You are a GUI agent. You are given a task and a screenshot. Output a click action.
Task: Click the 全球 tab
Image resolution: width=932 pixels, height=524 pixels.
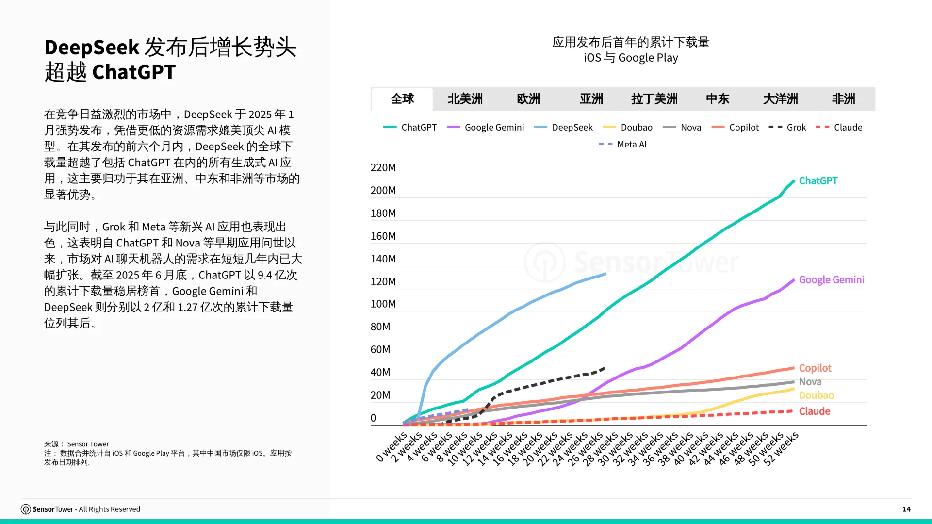pos(402,99)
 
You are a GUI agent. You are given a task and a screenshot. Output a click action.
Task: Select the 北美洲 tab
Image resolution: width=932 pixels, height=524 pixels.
pos(465,99)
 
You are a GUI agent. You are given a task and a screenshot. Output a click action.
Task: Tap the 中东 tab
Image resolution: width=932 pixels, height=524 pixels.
pos(717,99)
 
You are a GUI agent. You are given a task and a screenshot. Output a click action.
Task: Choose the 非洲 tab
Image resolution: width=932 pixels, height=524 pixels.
pos(843,99)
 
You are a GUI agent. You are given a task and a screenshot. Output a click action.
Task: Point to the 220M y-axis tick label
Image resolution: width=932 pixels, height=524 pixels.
pos(383,167)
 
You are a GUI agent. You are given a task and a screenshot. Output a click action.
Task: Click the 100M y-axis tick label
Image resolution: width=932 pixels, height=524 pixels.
pos(383,304)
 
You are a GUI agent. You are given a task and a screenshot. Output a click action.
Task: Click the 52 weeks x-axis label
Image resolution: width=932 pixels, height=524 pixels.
pos(781,449)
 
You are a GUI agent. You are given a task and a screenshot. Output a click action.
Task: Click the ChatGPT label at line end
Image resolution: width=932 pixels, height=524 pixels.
pos(818,180)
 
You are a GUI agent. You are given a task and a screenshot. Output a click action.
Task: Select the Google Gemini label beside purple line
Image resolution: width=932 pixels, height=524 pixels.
pos(831,279)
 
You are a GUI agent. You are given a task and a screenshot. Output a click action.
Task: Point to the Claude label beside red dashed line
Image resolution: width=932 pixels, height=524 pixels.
pos(814,411)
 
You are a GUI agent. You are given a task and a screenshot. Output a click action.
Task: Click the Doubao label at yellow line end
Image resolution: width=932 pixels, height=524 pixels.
pos(816,395)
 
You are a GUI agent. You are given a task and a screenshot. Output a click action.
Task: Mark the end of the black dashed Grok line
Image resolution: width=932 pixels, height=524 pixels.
pos(604,368)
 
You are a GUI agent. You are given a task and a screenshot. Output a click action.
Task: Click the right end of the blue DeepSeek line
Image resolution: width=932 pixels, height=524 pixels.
pos(605,274)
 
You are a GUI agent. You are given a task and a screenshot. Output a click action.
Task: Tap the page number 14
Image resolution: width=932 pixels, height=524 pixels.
pos(906,509)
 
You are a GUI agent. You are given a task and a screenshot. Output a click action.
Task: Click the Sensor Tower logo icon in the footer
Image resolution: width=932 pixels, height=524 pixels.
pos(26,509)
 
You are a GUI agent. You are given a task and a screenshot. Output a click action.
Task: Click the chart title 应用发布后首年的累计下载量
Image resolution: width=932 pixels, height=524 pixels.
pos(631,42)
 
